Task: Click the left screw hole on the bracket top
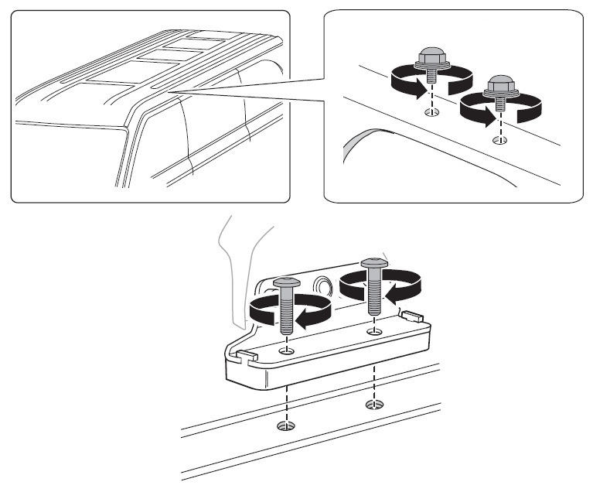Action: tap(288, 350)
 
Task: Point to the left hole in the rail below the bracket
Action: tap(287, 426)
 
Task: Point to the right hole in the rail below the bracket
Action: tap(374, 404)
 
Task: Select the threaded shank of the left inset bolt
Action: tap(430, 77)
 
